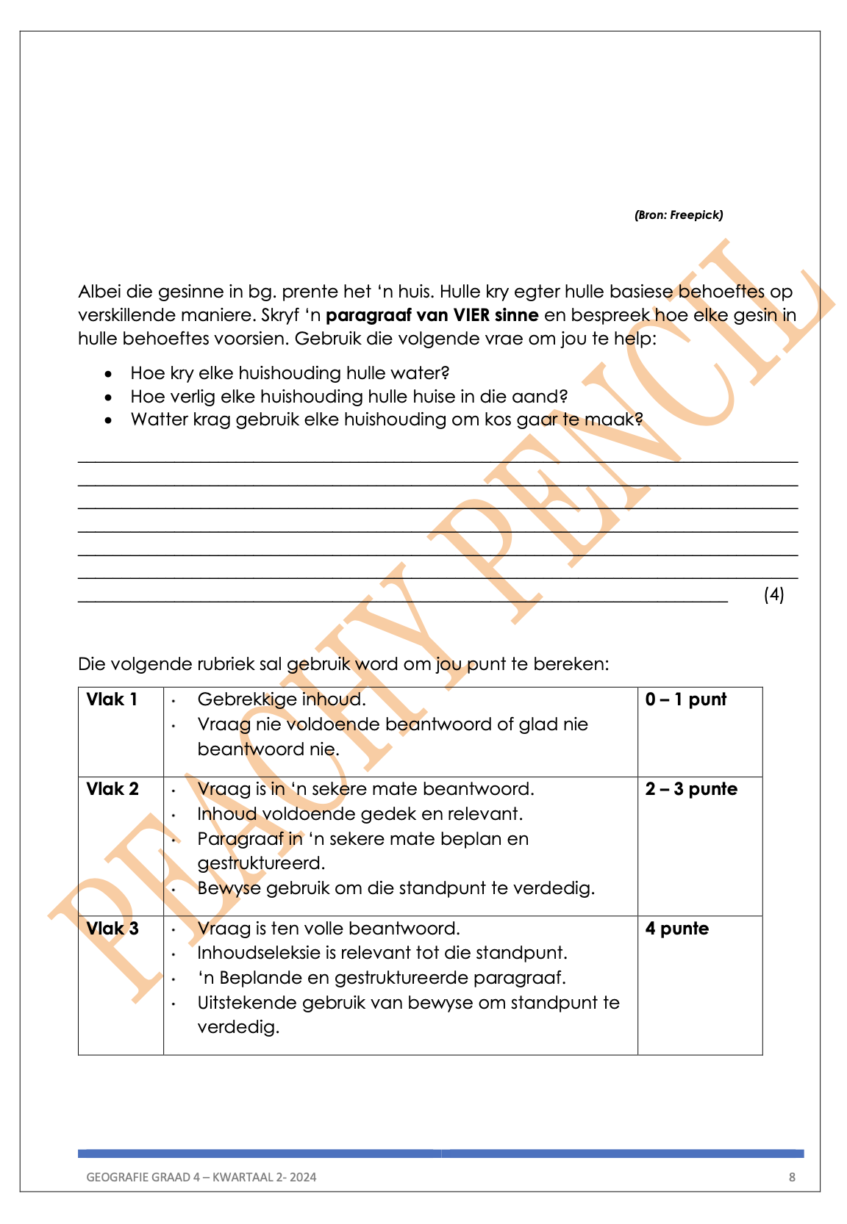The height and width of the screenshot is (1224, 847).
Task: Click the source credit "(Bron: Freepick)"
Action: click(x=678, y=215)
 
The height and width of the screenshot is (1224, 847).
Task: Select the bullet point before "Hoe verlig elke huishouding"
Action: click(x=109, y=397)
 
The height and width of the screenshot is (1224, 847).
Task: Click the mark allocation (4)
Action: click(x=773, y=594)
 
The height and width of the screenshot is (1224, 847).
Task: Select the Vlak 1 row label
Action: click(x=112, y=699)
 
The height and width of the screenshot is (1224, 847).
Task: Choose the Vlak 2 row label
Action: click(x=112, y=789)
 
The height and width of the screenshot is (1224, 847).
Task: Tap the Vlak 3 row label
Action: click(x=112, y=929)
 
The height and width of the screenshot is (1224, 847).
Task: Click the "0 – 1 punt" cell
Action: click(x=685, y=699)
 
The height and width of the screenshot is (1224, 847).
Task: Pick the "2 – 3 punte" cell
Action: click(x=691, y=789)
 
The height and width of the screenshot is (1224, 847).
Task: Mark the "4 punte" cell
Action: click(x=676, y=929)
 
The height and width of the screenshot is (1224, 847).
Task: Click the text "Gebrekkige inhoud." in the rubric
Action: click(x=282, y=699)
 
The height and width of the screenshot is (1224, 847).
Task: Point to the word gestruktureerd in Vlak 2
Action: click(x=261, y=863)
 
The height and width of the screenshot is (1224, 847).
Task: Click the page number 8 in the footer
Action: click(x=792, y=1177)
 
